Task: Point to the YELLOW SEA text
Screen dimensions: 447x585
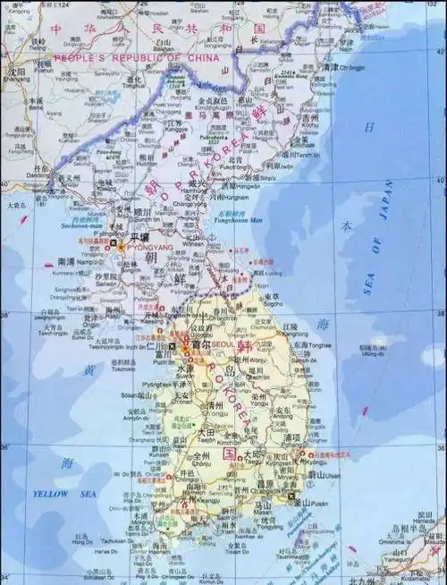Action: (51, 494)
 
